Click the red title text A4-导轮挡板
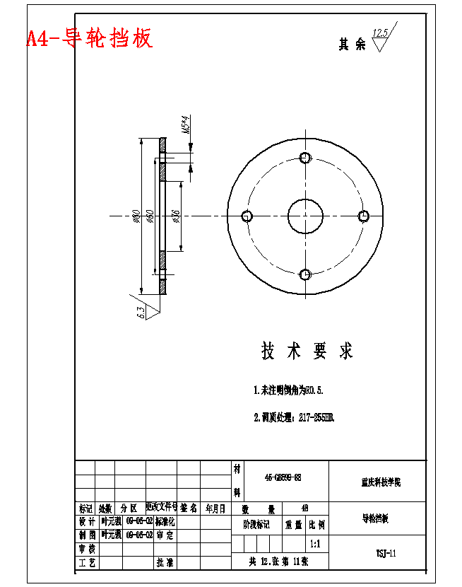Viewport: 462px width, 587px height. pyautogui.click(x=89, y=37)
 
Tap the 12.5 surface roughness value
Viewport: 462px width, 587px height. pyautogui.click(x=381, y=33)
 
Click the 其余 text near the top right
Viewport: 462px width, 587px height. pyautogui.click(x=352, y=45)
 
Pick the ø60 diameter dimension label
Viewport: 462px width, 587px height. pyautogui.click(x=150, y=216)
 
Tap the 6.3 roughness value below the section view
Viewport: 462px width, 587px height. pyautogui.click(x=141, y=310)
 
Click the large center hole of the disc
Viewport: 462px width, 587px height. pyautogui.click(x=305, y=216)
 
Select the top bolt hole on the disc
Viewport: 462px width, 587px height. pyautogui.click(x=305, y=157)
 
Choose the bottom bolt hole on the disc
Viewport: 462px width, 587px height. pyautogui.click(x=305, y=274)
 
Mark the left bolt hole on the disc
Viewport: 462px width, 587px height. pyautogui.click(x=247, y=216)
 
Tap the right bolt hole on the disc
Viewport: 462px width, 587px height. pyautogui.click(x=364, y=216)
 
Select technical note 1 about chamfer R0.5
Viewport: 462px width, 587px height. pyautogui.click(x=288, y=390)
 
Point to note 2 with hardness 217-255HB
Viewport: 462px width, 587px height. pyautogui.click(x=294, y=417)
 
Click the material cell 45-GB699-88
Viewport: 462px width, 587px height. pyautogui.click(x=283, y=478)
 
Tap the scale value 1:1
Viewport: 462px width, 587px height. pyautogui.click(x=315, y=545)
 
